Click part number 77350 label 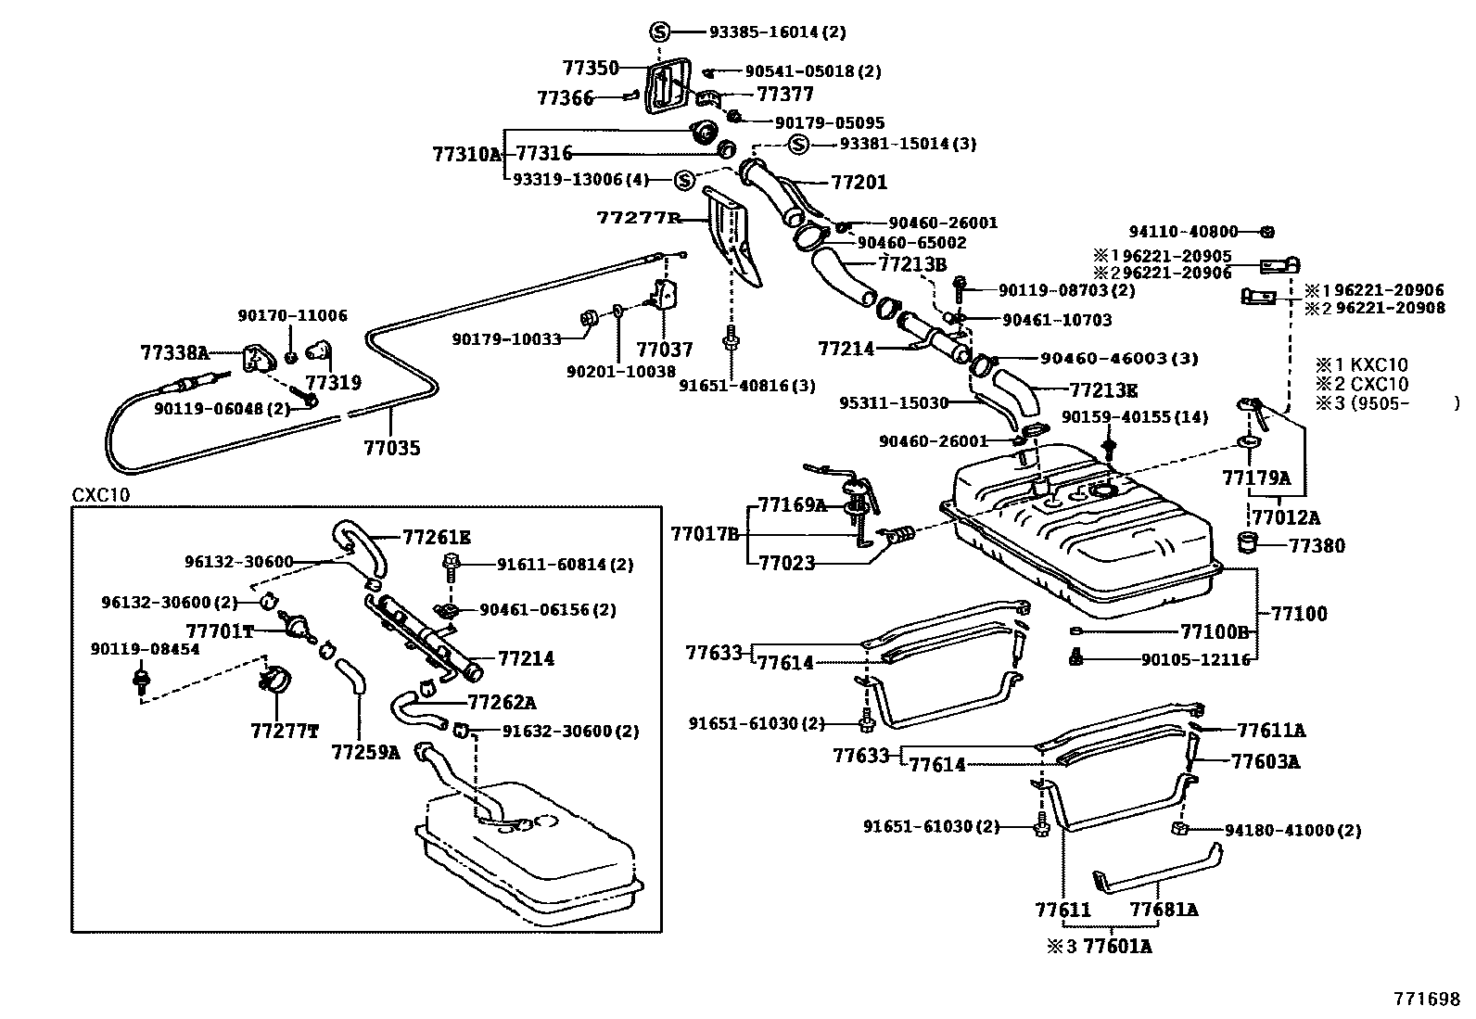tap(590, 68)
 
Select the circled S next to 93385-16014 tap(659, 32)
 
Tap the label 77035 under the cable tap(391, 449)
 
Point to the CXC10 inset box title tap(101, 495)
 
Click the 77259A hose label tap(365, 752)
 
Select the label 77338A tap(175, 352)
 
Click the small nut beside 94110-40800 tap(1269, 231)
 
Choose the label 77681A tap(1164, 910)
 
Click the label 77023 tap(787, 562)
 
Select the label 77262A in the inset tap(502, 702)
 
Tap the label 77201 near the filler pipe tap(859, 183)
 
